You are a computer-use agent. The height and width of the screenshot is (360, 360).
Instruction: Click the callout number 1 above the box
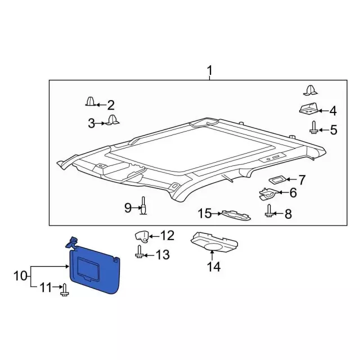tap(210, 71)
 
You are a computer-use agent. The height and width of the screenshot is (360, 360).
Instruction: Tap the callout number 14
tap(214, 267)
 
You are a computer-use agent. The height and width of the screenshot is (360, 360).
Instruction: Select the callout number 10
tap(20, 276)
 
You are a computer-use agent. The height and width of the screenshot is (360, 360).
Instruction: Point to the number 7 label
tap(301, 180)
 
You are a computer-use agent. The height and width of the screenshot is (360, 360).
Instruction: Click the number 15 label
tap(205, 213)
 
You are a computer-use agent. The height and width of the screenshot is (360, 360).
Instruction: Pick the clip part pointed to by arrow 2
tap(91, 101)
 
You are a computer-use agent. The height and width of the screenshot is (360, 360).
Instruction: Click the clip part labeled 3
tap(112, 120)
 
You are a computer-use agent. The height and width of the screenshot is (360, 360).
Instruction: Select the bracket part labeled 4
tap(309, 109)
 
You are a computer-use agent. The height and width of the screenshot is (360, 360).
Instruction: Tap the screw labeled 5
tap(313, 128)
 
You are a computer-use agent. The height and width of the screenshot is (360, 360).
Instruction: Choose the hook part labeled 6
tap(268, 194)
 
